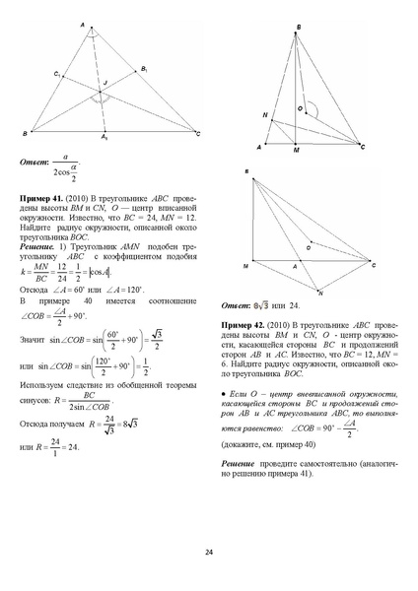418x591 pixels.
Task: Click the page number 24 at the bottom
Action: coord(208,551)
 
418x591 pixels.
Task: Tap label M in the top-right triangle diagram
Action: coord(297,154)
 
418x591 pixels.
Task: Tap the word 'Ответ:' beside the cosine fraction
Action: coord(35,164)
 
